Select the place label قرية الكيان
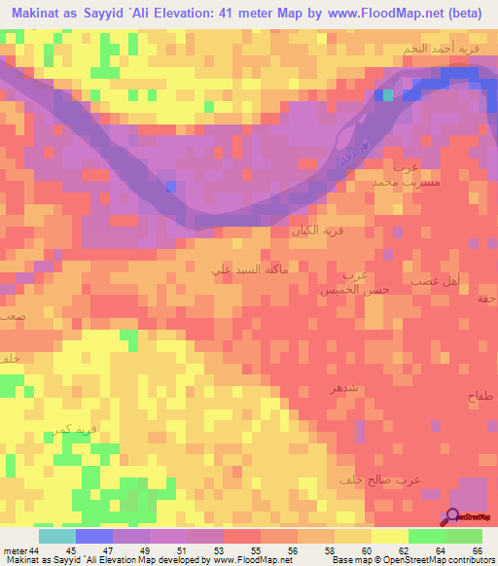314,232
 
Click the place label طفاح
480,397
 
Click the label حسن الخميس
351,290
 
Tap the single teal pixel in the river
388,94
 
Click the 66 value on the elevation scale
477,551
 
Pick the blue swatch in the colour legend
93,537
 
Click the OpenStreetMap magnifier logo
453,517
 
